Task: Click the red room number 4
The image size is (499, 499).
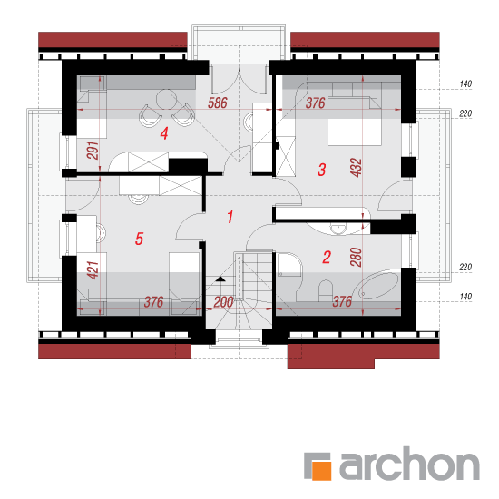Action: tap(164, 133)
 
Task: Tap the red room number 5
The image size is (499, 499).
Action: tap(139, 239)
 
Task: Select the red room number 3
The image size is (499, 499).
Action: tap(322, 170)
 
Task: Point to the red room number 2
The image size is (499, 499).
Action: tap(327, 257)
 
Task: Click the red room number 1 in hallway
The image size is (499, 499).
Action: tap(230, 217)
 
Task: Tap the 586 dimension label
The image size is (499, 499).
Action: tap(218, 103)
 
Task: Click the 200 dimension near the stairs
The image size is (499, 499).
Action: tap(223, 302)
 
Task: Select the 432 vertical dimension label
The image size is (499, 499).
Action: tap(357, 168)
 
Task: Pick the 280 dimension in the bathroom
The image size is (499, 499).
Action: tap(357, 257)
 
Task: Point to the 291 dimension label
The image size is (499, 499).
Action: tap(93, 151)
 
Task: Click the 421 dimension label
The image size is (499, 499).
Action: tap(93, 270)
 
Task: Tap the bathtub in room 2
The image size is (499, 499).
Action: tap(378, 286)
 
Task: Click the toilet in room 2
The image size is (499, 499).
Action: tap(325, 290)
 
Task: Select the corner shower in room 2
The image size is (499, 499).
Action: tap(289, 264)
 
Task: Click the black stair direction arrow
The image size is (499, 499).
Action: tap(220, 279)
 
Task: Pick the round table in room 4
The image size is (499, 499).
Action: tap(166, 99)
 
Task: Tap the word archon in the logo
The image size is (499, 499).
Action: tap(409, 464)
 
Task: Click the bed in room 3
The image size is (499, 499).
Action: tap(355, 113)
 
